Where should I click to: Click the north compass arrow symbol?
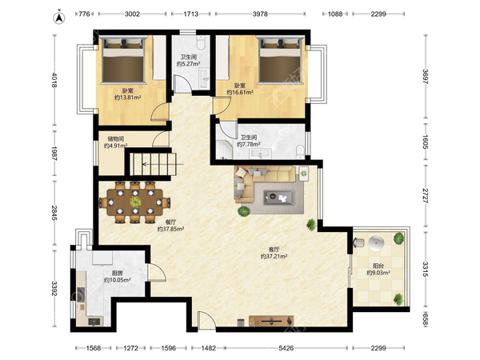point(59,18)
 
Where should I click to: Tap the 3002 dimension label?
point(132,14)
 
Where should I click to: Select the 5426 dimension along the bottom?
point(286,348)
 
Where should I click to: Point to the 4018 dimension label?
point(54,80)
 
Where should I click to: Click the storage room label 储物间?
point(116,138)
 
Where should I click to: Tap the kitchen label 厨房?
point(118,273)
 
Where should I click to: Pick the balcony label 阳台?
point(378,266)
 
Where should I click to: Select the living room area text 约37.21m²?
point(274,257)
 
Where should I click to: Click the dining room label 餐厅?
point(170,222)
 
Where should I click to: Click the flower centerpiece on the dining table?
point(135,202)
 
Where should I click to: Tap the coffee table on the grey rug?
point(279,198)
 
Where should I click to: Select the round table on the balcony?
point(376,243)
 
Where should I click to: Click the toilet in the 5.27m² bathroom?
point(201,42)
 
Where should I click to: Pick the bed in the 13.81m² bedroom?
point(123,60)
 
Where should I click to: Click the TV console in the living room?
point(271,321)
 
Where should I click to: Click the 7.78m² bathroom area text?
point(249,144)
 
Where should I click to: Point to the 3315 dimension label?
point(426,269)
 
